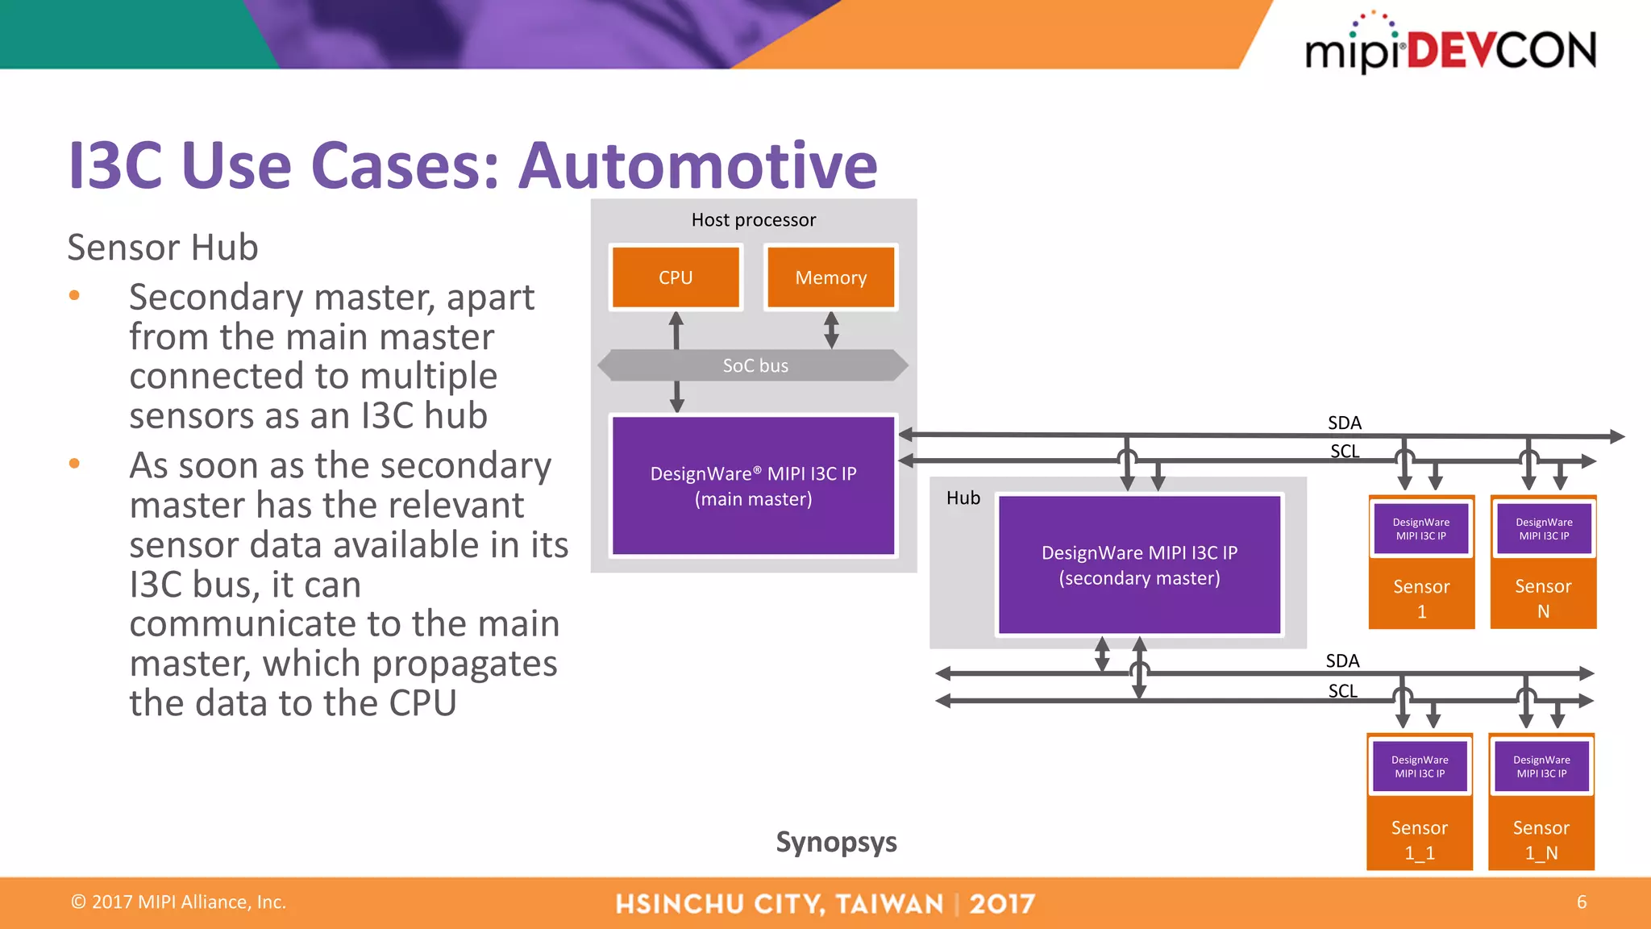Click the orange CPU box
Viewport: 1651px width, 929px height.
tap(676, 277)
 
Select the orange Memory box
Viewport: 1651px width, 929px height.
tap(830, 277)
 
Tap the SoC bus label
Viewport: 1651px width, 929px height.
tap(755, 366)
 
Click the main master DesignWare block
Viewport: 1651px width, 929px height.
tap(753, 485)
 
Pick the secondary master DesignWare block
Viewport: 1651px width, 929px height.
tap(1139, 564)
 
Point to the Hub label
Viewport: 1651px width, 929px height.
tap(963, 498)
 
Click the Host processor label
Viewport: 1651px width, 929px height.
tap(753, 220)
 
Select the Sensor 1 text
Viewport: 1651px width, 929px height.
tap(1421, 598)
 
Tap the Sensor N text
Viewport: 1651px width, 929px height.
tap(1543, 598)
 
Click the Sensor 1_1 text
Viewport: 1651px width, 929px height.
tap(1419, 839)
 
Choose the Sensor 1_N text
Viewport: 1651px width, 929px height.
tap(1541, 839)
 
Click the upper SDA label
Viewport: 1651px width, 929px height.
tap(1344, 423)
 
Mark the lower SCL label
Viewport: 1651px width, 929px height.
tap(1342, 691)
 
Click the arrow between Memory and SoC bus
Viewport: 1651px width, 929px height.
tap(831, 330)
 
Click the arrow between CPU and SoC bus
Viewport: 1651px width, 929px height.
tap(676, 331)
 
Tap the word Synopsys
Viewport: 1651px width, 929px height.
tap(836, 842)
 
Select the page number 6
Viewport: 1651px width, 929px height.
tap(1581, 902)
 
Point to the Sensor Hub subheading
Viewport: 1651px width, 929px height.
tap(163, 247)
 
